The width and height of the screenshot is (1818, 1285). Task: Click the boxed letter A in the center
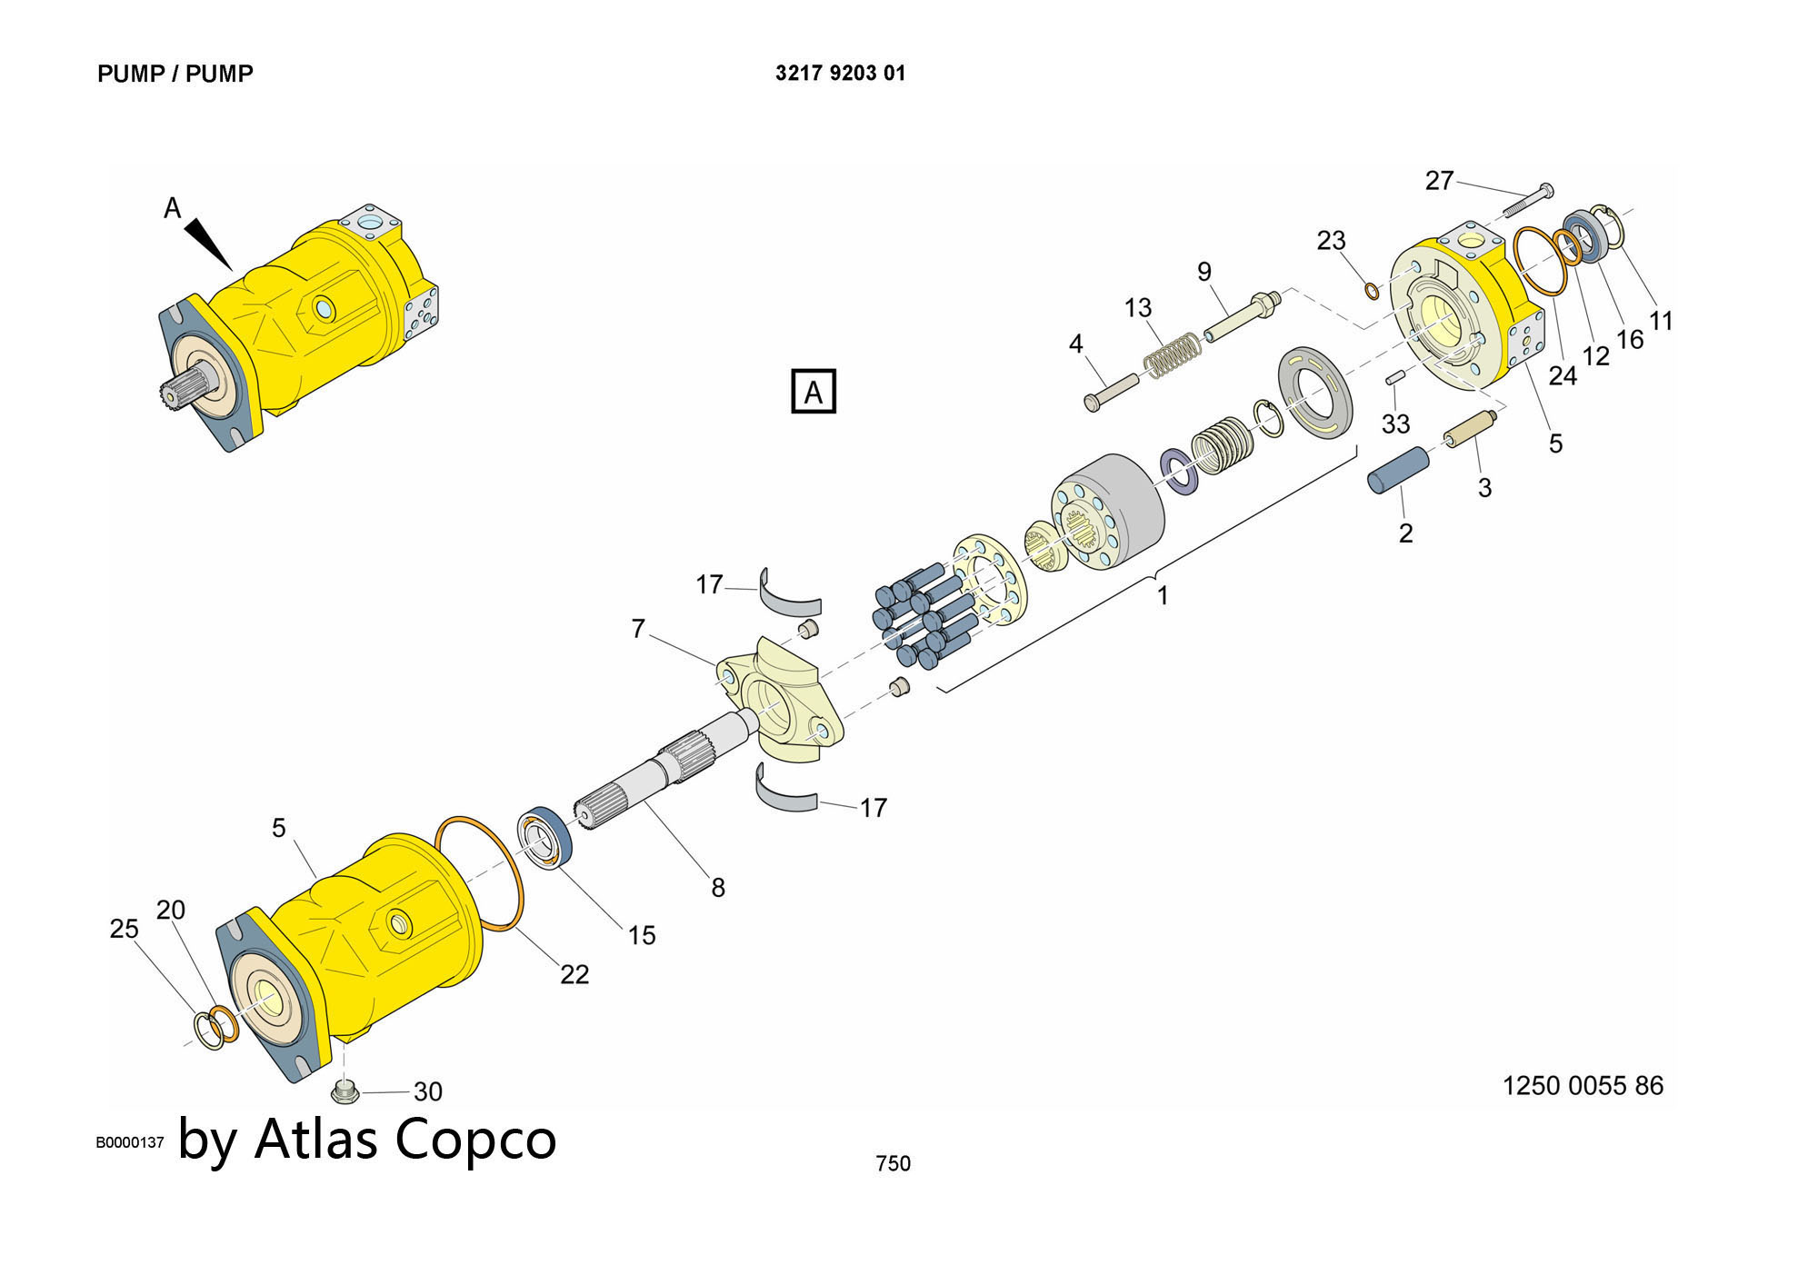(813, 392)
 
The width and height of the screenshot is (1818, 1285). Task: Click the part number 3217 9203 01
(840, 74)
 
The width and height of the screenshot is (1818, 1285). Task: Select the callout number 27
(1439, 181)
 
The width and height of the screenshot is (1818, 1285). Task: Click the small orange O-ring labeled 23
(1372, 290)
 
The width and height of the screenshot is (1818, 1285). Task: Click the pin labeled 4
(1111, 393)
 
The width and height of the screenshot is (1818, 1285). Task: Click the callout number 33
(1395, 423)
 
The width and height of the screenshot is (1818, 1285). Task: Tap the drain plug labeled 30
(344, 1091)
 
